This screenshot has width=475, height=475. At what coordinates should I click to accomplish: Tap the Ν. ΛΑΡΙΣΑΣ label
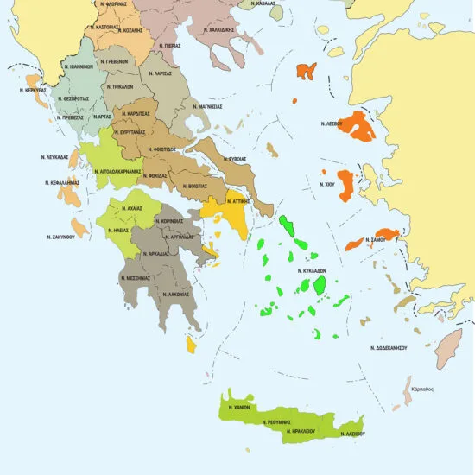(x=159, y=73)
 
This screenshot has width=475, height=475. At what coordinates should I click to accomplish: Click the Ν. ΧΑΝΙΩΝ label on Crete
(x=239, y=405)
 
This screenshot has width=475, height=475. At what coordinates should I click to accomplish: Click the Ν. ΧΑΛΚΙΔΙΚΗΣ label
(x=218, y=29)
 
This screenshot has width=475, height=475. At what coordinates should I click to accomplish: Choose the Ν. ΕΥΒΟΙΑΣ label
(x=235, y=159)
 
